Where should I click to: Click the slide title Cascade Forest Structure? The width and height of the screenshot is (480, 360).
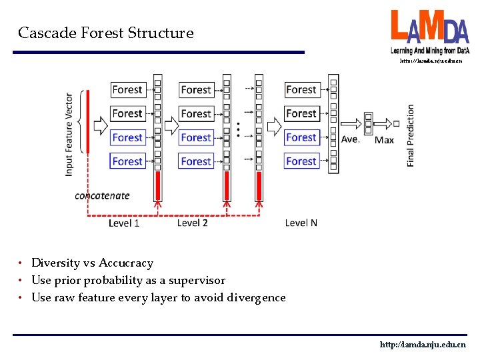click(x=106, y=33)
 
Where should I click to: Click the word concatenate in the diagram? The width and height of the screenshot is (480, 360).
click(x=102, y=195)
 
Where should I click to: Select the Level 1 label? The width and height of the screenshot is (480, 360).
click(x=124, y=223)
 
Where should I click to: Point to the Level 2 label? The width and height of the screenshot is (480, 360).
click(x=192, y=223)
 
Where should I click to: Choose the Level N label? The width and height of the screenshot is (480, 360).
click(x=301, y=223)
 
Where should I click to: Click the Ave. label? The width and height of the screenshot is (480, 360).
click(x=350, y=139)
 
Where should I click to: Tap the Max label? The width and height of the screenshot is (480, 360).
click(x=384, y=139)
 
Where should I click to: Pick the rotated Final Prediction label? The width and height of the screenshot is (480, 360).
click(x=410, y=135)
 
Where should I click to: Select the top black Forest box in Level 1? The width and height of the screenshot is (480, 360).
click(x=127, y=89)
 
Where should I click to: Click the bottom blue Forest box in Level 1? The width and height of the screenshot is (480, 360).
click(x=127, y=161)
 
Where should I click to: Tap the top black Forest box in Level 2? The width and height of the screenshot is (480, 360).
click(x=196, y=89)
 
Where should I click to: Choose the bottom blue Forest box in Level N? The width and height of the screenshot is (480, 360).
click(x=301, y=161)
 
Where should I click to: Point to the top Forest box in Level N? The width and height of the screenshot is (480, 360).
click(x=301, y=89)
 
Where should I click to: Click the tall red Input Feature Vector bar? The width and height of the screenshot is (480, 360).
click(x=88, y=121)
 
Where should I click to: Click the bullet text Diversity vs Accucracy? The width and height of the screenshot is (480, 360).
click(x=93, y=263)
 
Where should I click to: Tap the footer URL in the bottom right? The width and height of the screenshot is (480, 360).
click(x=423, y=345)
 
